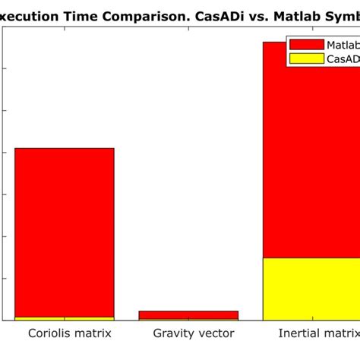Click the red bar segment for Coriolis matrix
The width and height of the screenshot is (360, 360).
[65, 232]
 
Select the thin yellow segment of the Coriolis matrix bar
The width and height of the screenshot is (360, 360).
[65, 318]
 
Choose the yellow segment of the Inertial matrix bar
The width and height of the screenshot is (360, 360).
[311, 289]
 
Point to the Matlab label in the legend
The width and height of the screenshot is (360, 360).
[343, 45]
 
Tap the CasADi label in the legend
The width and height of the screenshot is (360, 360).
[343, 58]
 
